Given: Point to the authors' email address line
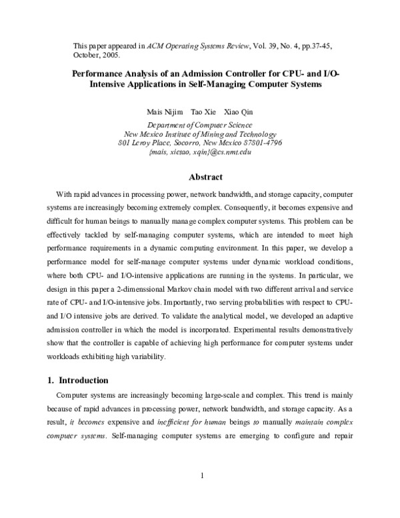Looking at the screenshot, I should (x=200, y=152).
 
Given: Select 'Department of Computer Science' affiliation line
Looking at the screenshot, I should (x=199, y=124).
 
